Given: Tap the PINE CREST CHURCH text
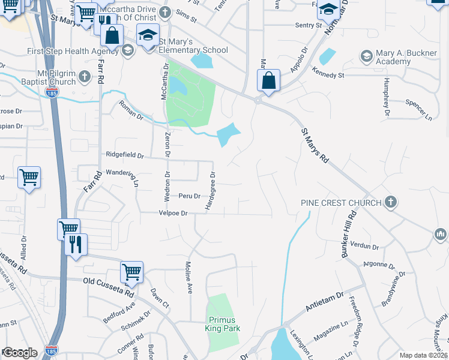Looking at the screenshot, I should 341,203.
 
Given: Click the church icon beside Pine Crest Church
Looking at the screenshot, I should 391,202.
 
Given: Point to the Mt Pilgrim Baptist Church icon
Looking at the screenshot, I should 85,77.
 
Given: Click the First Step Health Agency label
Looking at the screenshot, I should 72,51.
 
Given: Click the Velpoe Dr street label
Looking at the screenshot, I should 173,213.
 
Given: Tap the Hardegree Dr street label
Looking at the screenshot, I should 211,191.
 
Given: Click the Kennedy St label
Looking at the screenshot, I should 327,76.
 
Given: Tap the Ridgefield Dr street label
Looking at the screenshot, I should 125,155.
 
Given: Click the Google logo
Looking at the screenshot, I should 20,353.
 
